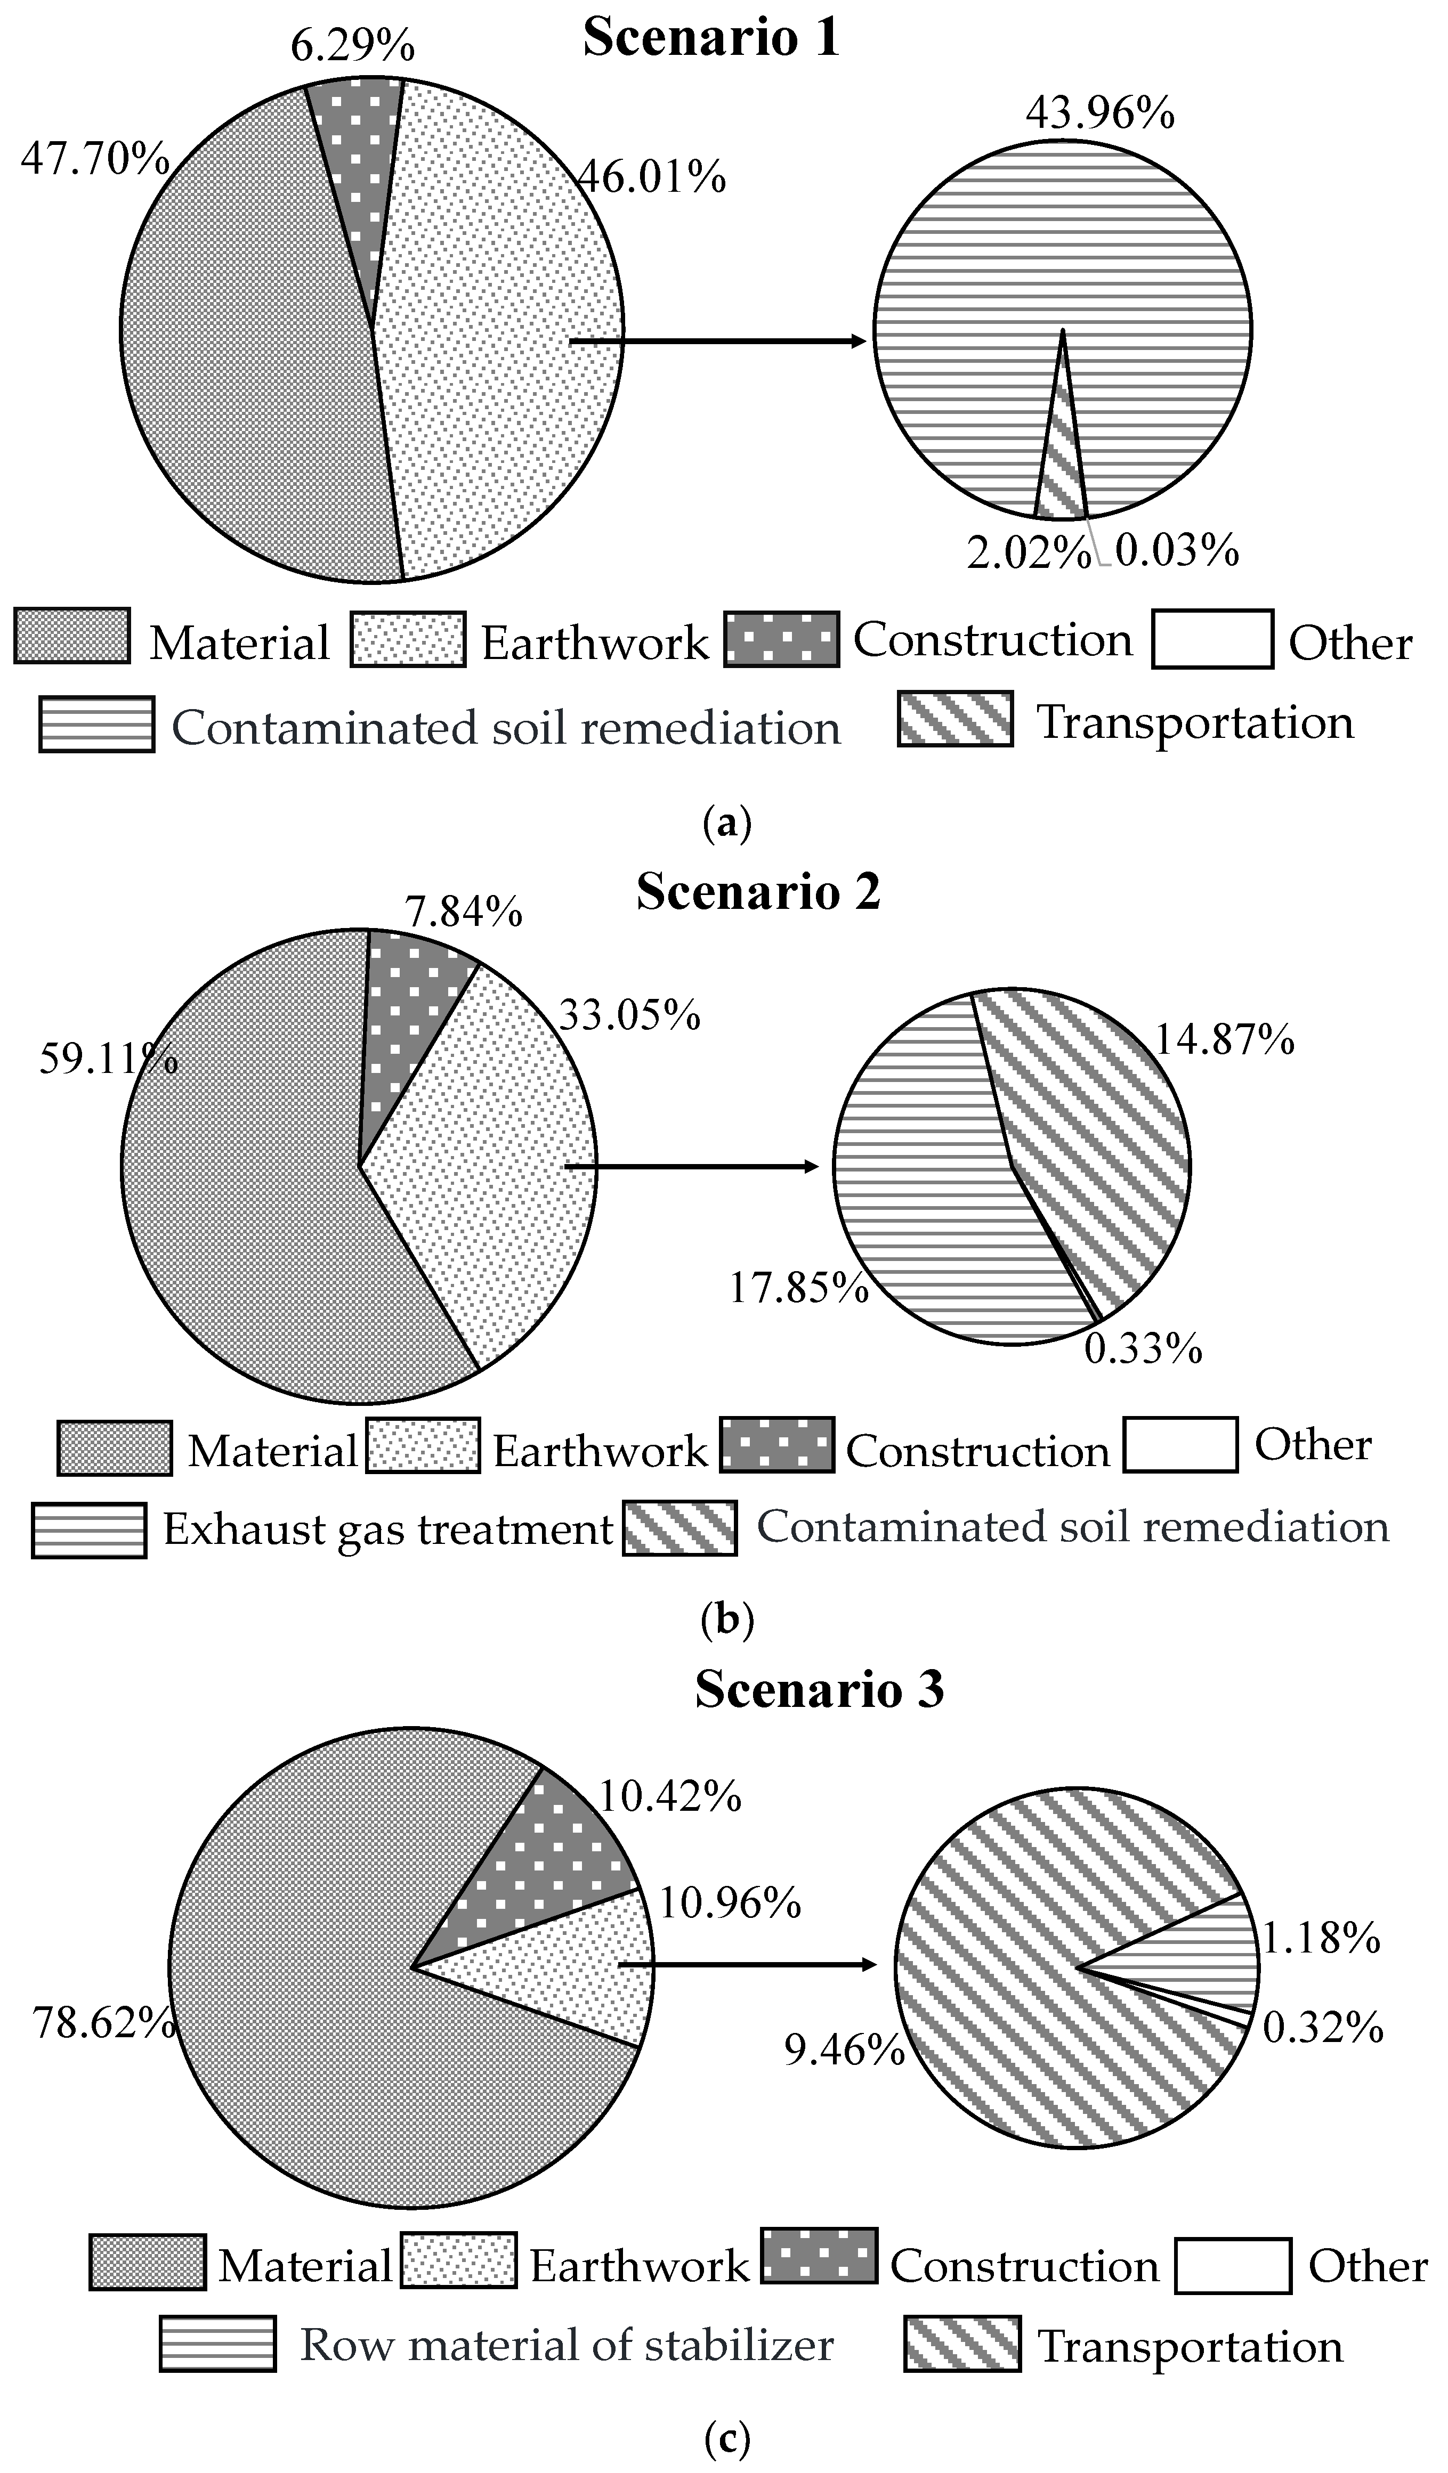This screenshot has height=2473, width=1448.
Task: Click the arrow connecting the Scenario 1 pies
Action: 717,341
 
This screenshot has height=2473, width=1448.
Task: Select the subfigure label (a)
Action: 726,823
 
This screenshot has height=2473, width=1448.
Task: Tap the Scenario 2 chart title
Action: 758,892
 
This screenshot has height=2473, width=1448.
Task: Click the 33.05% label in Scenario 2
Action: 629,1015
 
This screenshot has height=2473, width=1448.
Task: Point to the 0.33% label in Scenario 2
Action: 1143,1348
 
